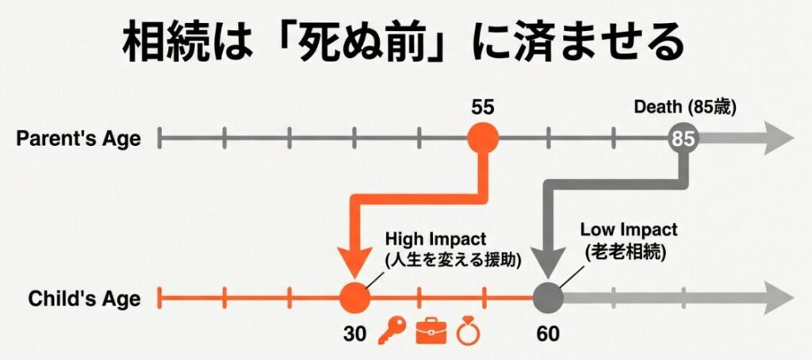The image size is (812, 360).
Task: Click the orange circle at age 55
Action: (482, 139)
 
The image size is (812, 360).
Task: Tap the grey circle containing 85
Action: (682, 139)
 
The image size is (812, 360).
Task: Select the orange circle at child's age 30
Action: (354, 298)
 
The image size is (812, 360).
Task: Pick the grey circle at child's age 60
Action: (547, 298)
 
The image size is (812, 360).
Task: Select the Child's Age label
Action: (84, 299)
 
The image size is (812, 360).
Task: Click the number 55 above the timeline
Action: (482, 106)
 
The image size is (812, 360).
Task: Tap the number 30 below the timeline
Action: (354, 332)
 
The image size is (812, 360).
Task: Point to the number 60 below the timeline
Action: (547, 332)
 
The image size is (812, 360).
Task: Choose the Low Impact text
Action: (629, 231)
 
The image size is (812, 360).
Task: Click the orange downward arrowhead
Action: (354, 261)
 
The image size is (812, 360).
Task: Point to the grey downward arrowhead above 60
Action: (547, 262)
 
